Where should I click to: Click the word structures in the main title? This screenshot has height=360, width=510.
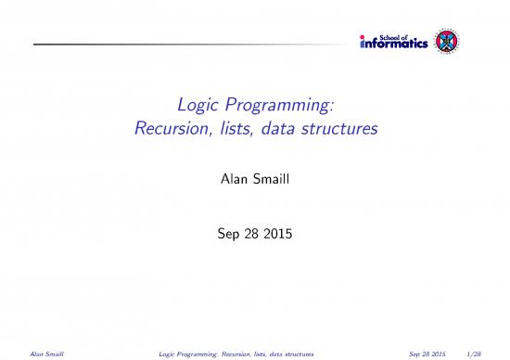pyautogui.click(x=338, y=131)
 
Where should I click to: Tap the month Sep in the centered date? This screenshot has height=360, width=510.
pyautogui.click(x=220, y=222)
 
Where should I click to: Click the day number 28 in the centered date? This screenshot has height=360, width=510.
pyautogui.click(x=246, y=222)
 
